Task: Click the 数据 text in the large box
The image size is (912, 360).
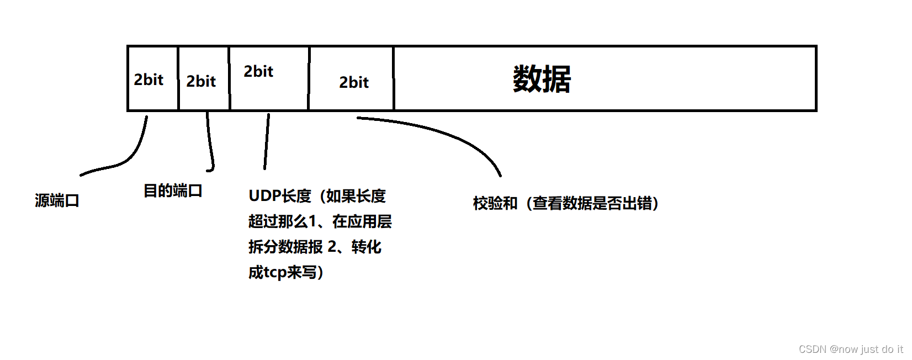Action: click(x=542, y=80)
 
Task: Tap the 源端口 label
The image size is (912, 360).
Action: click(x=57, y=200)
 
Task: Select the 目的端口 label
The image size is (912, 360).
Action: click(x=173, y=191)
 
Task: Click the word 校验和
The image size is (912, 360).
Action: click(x=495, y=203)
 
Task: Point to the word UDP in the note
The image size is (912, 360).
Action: click(x=264, y=196)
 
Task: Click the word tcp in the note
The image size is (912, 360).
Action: click(x=275, y=273)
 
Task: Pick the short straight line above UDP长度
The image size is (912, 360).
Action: click(x=267, y=141)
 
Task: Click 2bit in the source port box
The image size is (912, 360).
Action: click(x=149, y=80)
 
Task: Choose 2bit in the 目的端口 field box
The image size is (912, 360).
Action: click(x=201, y=82)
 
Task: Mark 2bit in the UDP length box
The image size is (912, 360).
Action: click(x=258, y=72)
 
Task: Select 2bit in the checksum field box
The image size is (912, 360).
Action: click(x=354, y=83)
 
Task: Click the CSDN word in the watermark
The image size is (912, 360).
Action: click(x=812, y=350)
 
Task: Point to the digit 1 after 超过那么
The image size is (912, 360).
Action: click(x=312, y=221)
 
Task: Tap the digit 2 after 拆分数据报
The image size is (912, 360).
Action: click(x=332, y=247)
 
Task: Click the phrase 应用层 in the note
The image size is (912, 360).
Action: click(x=369, y=221)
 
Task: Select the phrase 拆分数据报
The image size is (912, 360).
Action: click(x=285, y=247)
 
